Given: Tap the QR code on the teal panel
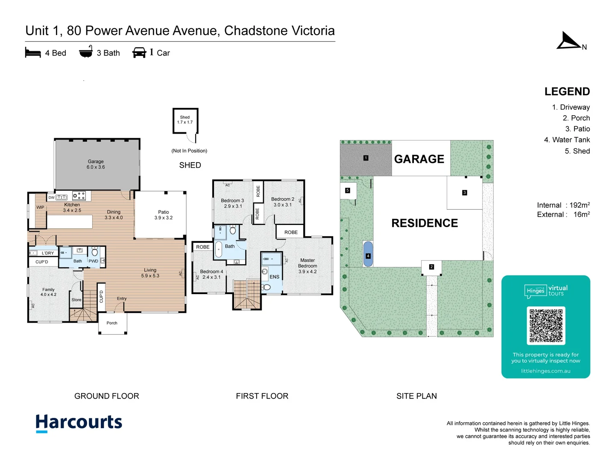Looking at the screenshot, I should point(546,325).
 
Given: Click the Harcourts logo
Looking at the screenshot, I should point(79,423).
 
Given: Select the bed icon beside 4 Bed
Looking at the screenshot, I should point(33,53).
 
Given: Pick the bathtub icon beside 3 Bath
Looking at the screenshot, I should point(86,52).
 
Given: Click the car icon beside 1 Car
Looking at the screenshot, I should point(139,53).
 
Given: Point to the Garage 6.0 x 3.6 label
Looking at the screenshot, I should point(96,164).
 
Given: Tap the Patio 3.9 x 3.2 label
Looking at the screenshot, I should point(163,215).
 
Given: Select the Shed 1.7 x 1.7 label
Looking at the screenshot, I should point(185,120).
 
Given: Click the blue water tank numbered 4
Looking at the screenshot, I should point(368,254).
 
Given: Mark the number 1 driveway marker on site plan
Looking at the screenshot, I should point(366,158).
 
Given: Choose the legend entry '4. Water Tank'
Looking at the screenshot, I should point(567,140).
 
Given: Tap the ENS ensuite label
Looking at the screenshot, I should point(274,277).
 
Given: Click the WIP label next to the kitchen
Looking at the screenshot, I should point(40,207).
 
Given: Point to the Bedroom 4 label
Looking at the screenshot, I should point(211,274).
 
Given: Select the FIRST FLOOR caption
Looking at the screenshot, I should point(262,396).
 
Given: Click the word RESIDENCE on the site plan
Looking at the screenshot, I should point(425,223).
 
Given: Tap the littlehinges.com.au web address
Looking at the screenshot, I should point(545,371).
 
